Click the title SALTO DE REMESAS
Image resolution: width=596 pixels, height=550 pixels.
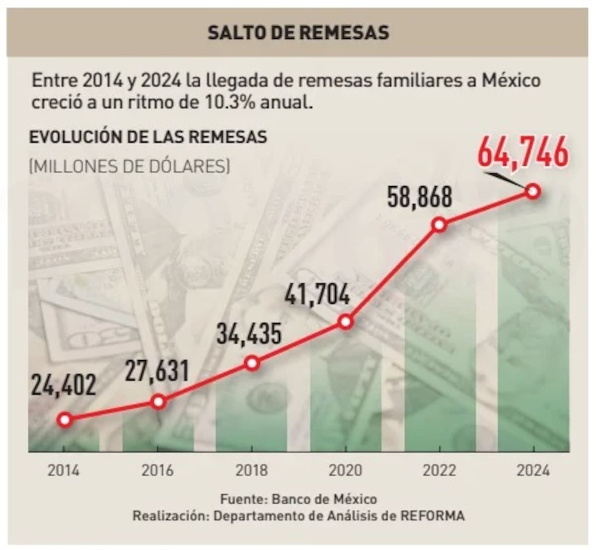(298, 33)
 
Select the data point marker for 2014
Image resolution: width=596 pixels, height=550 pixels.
(65, 420)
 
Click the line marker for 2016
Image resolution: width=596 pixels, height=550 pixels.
(158, 401)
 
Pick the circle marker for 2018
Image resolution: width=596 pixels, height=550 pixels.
(252, 364)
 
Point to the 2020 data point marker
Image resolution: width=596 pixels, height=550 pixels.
(346, 321)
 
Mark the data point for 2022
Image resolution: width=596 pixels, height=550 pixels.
(439, 225)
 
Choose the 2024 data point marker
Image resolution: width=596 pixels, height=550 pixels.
(533, 191)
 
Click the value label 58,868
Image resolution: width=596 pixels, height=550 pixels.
(420, 197)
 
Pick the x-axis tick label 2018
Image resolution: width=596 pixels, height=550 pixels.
(251, 470)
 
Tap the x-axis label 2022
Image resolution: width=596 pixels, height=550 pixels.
(439, 470)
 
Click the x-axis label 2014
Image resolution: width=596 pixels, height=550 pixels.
(63, 470)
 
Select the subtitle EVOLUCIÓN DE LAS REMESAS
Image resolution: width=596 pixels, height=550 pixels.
(148, 137)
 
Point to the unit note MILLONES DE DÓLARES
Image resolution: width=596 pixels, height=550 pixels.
(130, 165)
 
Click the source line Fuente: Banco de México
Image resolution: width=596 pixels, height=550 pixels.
(298, 499)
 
